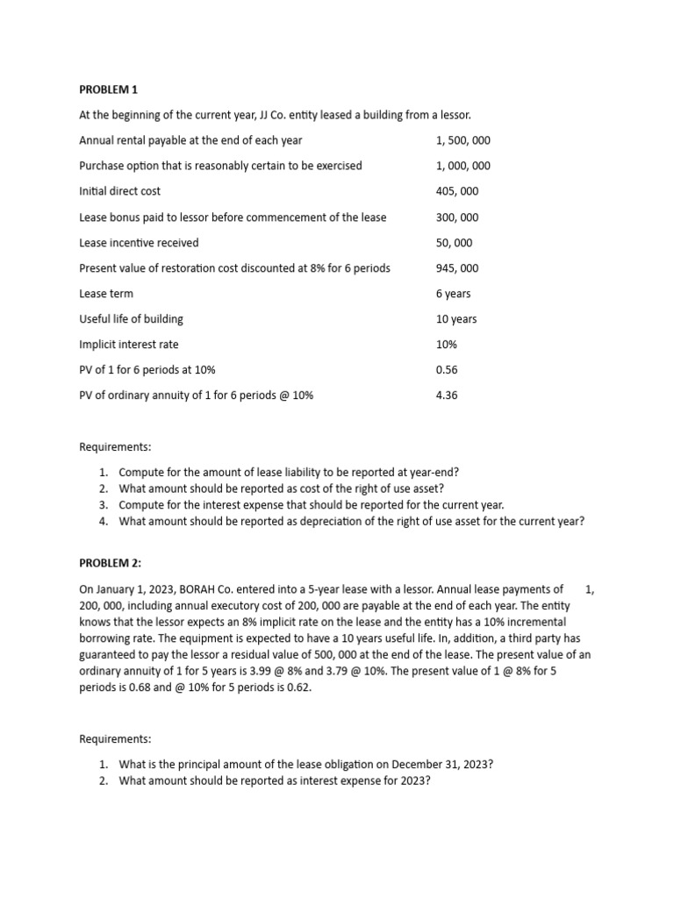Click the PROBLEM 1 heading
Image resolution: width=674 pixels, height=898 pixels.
(x=109, y=89)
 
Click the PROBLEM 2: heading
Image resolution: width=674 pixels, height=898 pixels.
(x=111, y=563)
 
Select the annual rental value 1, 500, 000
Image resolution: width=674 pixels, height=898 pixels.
(x=462, y=140)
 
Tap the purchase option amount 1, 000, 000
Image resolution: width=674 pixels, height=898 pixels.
(x=462, y=166)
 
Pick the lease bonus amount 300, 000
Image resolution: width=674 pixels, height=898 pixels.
(x=457, y=217)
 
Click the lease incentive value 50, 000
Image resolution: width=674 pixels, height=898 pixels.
(x=454, y=243)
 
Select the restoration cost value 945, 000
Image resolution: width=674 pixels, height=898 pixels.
(x=457, y=268)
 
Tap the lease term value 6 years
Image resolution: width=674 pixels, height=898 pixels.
(x=453, y=294)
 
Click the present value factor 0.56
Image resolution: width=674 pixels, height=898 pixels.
(x=447, y=370)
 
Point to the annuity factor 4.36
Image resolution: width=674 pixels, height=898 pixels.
(x=447, y=396)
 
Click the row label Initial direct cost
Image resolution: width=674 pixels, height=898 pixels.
(x=120, y=191)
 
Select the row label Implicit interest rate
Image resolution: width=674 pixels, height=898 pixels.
(x=128, y=345)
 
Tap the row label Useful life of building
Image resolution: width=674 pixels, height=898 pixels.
(x=131, y=319)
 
